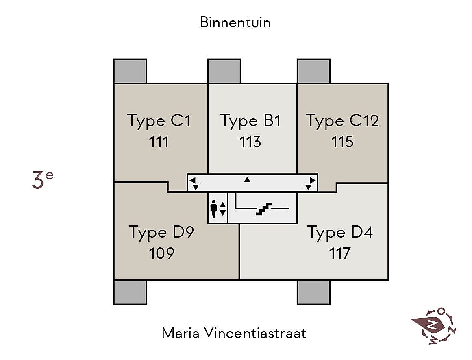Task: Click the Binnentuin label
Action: click(235, 22)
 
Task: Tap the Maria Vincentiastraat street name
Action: click(234, 333)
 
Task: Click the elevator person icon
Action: click(214, 208)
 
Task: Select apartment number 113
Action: click(250, 142)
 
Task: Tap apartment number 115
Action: click(342, 142)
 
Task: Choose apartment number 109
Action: click(161, 253)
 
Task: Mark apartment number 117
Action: click(339, 253)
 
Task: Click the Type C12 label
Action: click(342, 121)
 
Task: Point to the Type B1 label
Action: click(250, 121)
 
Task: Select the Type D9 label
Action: click(161, 232)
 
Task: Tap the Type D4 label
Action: click(340, 232)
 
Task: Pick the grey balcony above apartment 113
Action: click(224, 71)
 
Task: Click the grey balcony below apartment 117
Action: click(313, 292)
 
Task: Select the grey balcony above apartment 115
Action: click(313, 71)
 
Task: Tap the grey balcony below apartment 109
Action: click(130, 292)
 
